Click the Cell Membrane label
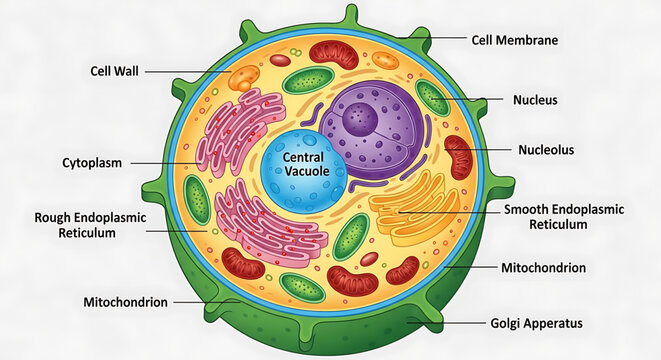pyautogui.click(x=514, y=41)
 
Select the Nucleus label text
pyautogui.click(x=535, y=100)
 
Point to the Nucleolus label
pyautogui.click(x=546, y=150)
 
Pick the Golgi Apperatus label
pyautogui.click(x=536, y=323)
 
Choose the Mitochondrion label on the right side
pyautogui.click(x=544, y=268)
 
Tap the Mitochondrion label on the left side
pyautogui.click(x=125, y=301)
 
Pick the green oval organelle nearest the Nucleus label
pyautogui.click(x=433, y=97)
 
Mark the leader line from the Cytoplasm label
pyautogui.click(x=160, y=162)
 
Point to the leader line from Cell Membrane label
pyautogui.click(x=430, y=40)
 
